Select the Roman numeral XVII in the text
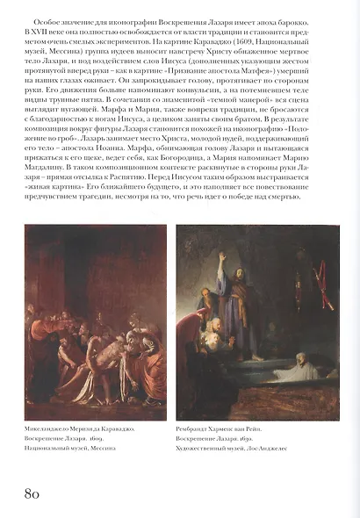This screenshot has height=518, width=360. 37,29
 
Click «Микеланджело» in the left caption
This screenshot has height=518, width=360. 48,427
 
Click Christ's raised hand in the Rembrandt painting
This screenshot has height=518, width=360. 221,261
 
